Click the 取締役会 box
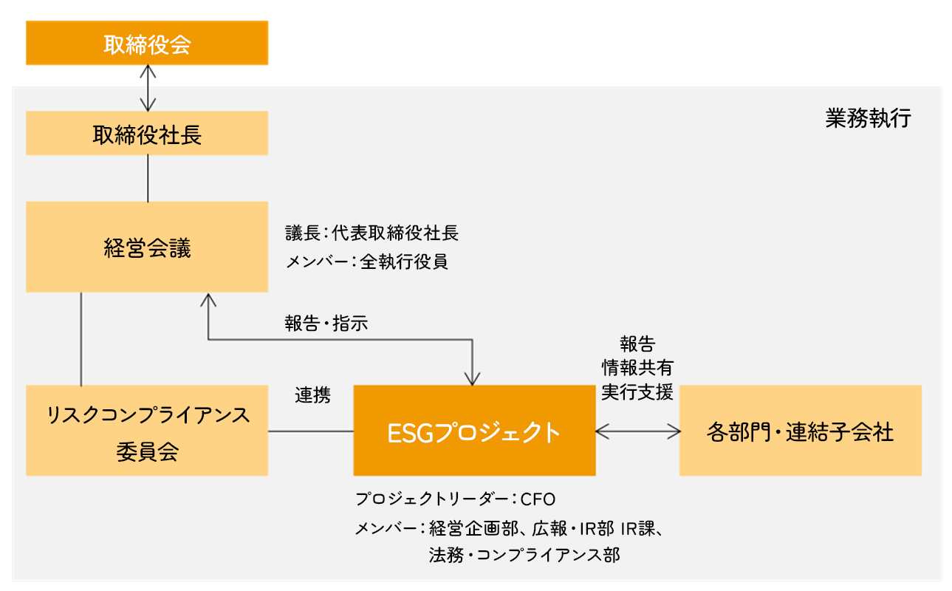click(x=147, y=43)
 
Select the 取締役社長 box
click(x=147, y=133)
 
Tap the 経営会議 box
click(x=147, y=247)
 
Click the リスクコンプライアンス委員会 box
click(x=147, y=430)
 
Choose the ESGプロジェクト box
click(x=474, y=430)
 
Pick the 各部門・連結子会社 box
click(x=801, y=430)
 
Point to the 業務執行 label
click(x=868, y=118)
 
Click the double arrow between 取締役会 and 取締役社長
click(x=148, y=88)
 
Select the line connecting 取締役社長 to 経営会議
click(x=148, y=178)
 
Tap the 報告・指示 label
click(x=326, y=324)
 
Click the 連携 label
click(x=313, y=395)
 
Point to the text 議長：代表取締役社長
click(x=372, y=233)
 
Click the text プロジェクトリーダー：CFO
click(x=455, y=499)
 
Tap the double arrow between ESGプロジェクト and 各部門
click(x=637, y=431)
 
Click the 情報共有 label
click(x=637, y=368)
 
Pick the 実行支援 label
click(x=637, y=392)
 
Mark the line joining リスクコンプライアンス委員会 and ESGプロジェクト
click(x=311, y=431)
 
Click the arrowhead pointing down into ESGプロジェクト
click(x=472, y=379)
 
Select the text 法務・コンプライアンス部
click(x=524, y=555)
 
